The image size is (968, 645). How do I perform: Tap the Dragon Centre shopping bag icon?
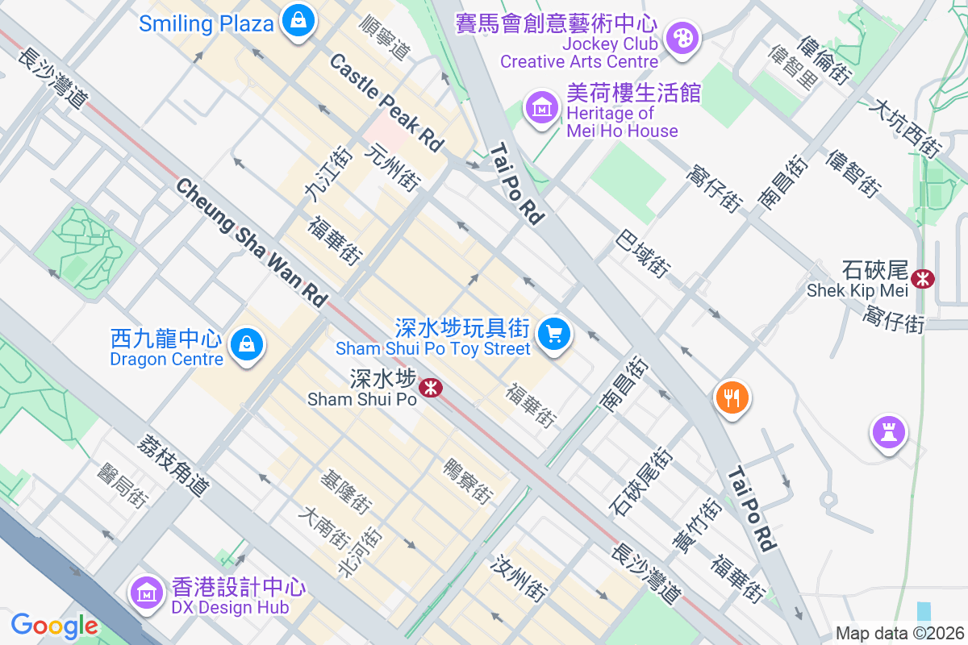(x=247, y=345)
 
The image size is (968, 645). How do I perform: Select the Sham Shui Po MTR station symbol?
(x=432, y=388)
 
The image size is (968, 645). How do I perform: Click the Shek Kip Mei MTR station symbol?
(x=922, y=279)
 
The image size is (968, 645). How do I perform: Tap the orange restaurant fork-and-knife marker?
(x=732, y=397)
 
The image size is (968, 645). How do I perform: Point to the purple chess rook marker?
(x=888, y=432)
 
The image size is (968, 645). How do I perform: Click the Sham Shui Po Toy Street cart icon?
(x=553, y=332)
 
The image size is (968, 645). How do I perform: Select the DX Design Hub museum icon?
(x=147, y=593)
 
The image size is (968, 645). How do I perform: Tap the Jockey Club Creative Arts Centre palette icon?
(x=682, y=37)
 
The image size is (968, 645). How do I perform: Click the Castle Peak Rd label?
(x=387, y=102)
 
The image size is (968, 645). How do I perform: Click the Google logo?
(x=54, y=626)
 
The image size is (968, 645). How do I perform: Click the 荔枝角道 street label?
(x=173, y=465)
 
